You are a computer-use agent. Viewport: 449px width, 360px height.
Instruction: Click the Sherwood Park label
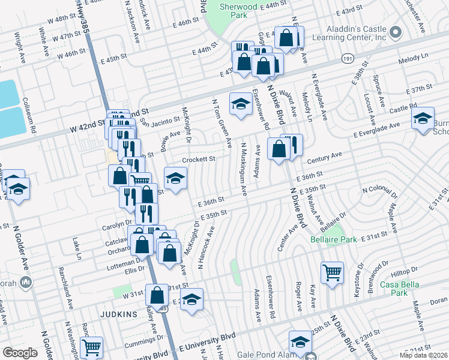click(234, 8)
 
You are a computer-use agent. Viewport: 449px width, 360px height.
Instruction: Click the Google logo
click(20, 353)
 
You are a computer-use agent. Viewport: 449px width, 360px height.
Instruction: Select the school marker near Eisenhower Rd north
click(241, 103)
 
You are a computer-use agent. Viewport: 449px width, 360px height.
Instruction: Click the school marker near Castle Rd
click(423, 117)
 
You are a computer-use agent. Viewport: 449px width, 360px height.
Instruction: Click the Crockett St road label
click(199, 159)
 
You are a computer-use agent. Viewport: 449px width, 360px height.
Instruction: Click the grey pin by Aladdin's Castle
click(395, 31)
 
